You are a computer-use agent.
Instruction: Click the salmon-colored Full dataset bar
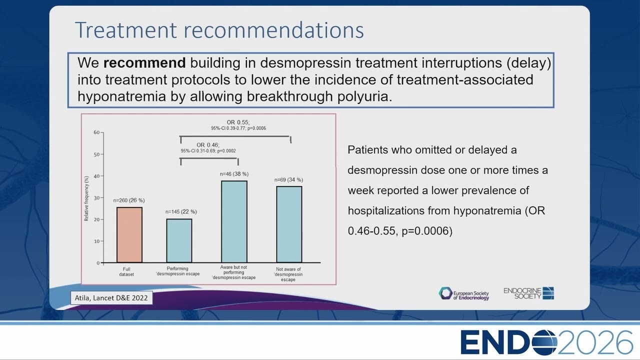coord(129,235)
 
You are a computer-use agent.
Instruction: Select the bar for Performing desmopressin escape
coord(179,240)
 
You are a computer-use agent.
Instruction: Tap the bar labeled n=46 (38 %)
coord(234,221)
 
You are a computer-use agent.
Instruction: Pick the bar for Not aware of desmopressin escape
coord(289,224)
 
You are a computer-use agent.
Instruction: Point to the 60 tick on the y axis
coord(96,132)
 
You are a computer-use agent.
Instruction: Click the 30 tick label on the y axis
coord(96,197)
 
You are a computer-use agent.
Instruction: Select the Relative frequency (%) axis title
coord(86,198)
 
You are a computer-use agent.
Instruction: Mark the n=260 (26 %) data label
coord(129,200)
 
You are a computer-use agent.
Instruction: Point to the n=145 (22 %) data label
coord(181,211)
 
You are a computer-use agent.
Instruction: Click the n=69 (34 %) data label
coord(289,179)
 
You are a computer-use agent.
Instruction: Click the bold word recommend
coord(144,63)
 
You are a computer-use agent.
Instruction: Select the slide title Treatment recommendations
coord(219,30)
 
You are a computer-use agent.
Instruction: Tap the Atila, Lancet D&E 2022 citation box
coord(111,297)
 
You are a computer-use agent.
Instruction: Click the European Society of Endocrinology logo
coord(464,293)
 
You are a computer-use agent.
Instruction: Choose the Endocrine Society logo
coord(529,293)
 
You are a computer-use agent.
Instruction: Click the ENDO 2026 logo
coord(546,342)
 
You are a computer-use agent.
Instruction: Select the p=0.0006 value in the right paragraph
coord(427,231)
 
